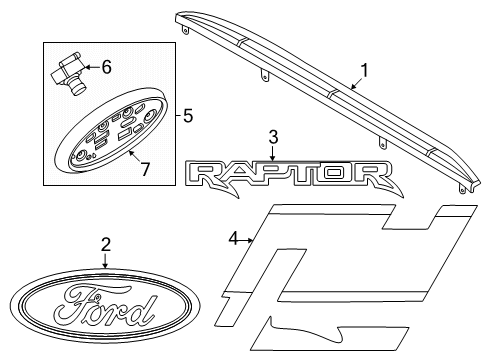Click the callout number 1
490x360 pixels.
[x=365, y=71]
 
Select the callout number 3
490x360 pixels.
[x=272, y=136]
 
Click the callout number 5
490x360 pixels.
[x=187, y=115]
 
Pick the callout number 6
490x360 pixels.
[x=107, y=67]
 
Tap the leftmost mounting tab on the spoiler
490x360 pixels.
[x=185, y=31]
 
